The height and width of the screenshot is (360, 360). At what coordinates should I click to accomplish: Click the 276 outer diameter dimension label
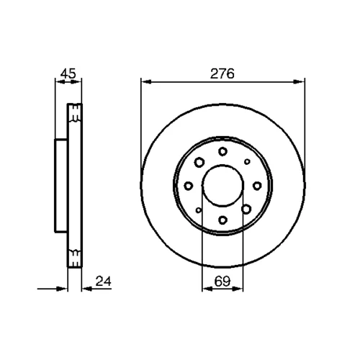[222, 73]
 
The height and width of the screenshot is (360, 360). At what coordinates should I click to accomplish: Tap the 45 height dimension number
[68, 73]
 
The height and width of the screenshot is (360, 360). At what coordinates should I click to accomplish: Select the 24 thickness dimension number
[104, 281]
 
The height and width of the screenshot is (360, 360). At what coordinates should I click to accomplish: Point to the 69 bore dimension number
[222, 281]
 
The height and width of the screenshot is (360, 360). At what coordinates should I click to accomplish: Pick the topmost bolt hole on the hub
[223, 151]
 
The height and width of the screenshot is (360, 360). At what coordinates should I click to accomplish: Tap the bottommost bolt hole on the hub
[223, 220]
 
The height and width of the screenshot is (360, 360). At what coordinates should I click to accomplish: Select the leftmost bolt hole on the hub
[189, 186]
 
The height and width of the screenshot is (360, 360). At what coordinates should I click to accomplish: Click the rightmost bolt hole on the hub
[257, 186]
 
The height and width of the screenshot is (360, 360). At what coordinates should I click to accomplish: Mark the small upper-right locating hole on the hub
[247, 161]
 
